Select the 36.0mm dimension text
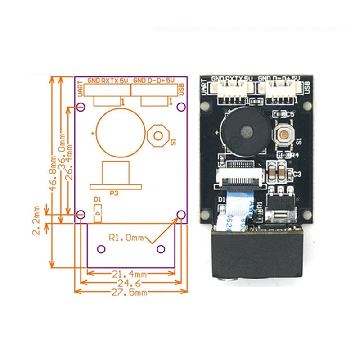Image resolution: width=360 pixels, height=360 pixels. pyautogui.click(x=62, y=154)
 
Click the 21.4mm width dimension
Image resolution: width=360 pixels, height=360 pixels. pyautogui.click(x=130, y=274)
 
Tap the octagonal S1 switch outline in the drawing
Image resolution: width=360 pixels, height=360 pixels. pyautogui.click(x=158, y=135)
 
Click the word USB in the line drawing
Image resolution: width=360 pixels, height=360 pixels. pyautogui.click(x=181, y=89)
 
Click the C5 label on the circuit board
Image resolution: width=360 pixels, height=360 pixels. pyautogui.click(x=290, y=115)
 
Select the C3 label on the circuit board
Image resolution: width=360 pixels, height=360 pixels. pyautogui.click(x=297, y=174)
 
